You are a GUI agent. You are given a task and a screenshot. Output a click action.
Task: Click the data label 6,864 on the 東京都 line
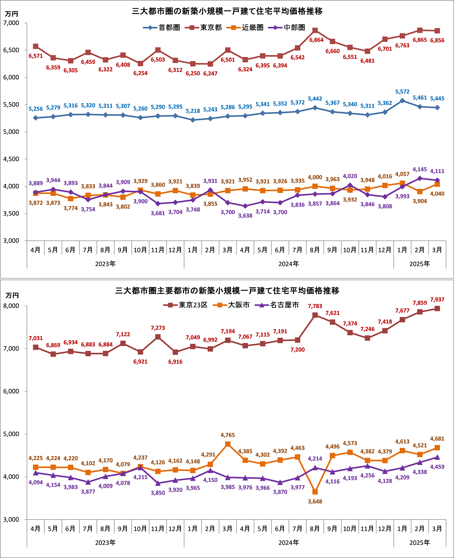[316, 40]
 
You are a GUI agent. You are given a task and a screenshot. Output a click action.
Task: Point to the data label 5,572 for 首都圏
[402, 92]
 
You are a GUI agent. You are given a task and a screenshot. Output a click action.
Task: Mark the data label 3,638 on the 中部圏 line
[245, 216]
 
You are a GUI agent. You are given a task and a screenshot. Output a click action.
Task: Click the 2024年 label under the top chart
[288, 264]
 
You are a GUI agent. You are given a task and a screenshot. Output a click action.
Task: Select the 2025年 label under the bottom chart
[420, 543]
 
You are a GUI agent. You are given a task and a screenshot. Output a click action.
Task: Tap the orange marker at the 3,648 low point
[315, 492]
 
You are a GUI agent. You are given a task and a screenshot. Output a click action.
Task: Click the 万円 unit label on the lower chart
[12, 295]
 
